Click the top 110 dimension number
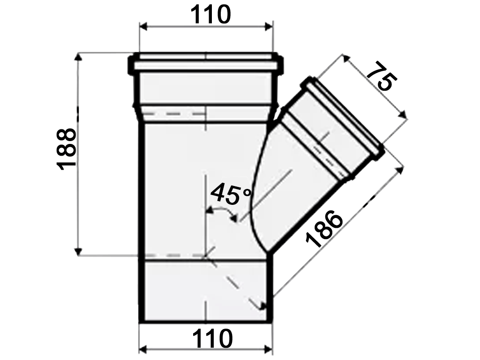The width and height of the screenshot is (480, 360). click(x=210, y=15)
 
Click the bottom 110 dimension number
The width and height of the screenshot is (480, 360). click(x=212, y=338)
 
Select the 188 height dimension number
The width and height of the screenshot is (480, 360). click(x=67, y=149)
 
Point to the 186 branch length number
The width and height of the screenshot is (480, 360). click(x=324, y=229)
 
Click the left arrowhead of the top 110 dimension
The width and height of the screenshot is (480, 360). click(x=143, y=27)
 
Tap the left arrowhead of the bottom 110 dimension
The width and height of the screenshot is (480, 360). click(x=143, y=349)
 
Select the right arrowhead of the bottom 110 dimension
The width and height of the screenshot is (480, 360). click(x=269, y=349)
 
